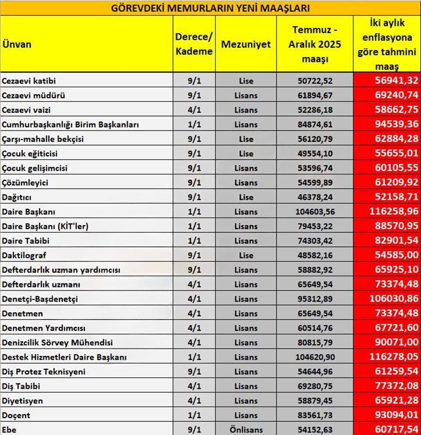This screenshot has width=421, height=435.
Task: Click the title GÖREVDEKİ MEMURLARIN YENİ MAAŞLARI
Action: point(210,8)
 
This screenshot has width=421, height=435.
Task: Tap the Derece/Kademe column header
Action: point(194,44)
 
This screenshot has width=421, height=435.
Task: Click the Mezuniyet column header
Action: point(246,44)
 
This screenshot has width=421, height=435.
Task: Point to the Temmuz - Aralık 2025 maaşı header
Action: point(314,44)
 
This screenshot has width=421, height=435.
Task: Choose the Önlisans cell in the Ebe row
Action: point(246,430)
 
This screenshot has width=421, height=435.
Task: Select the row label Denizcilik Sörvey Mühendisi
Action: point(57,342)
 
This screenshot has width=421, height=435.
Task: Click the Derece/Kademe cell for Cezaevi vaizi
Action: point(194,110)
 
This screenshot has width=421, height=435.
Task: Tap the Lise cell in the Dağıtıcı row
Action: point(246,197)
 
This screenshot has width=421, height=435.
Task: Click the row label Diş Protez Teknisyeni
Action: point(44,371)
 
